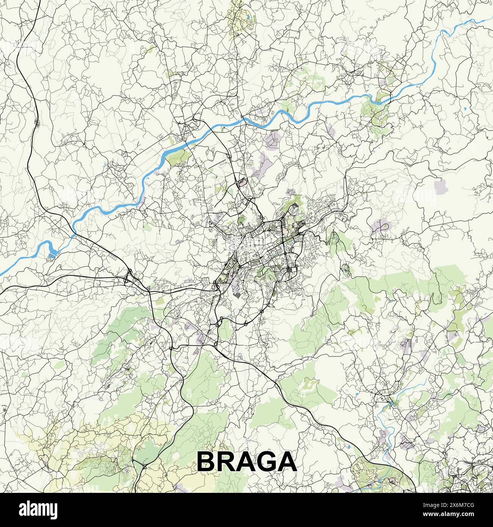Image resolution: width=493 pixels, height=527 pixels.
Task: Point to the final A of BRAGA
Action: pos(287,462)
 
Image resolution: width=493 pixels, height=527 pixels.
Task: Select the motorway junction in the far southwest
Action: pos(144,467)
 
